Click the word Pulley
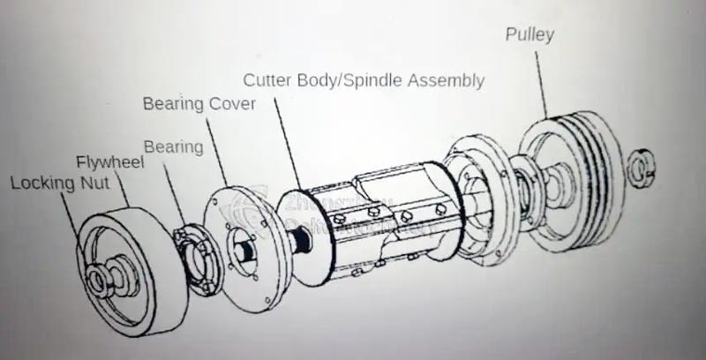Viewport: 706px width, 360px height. [x=529, y=35]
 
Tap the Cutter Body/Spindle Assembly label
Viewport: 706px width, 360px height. [x=364, y=80]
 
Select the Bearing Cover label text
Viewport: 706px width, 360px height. [x=199, y=104]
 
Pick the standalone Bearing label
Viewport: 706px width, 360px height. [x=173, y=145]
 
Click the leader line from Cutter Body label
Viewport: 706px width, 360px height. [x=287, y=141]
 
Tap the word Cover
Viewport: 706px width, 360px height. [x=231, y=104]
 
